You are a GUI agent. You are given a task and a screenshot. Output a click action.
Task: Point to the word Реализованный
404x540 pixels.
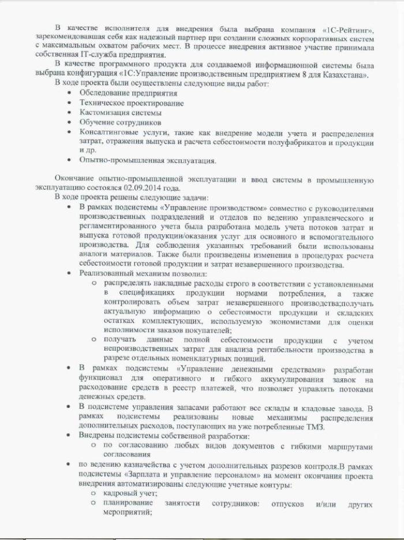pyautogui.click(x=107, y=273)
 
